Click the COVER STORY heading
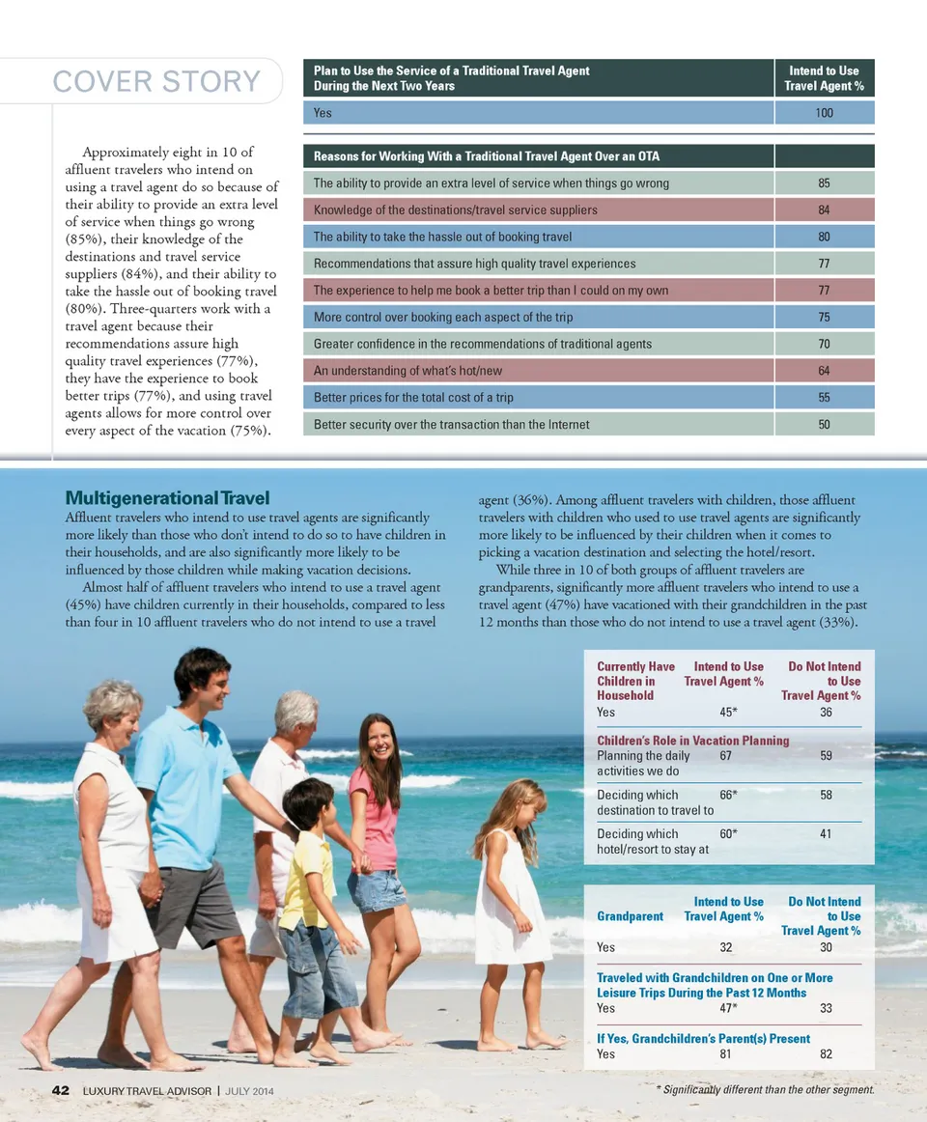tap(156, 82)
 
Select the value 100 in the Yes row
tap(823, 113)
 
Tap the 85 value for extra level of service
tap(823, 182)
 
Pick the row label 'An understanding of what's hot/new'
tap(408, 371)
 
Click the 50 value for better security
tap(823, 424)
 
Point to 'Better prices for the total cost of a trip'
tap(413, 398)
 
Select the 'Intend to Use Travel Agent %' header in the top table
tap(824, 78)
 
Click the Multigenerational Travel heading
tap(167, 498)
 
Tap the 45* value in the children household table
tap(729, 713)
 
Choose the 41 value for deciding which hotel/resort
tap(826, 834)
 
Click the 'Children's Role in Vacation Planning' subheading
tap(693, 741)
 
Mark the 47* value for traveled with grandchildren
tap(729, 1008)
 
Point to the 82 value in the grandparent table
tap(826, 1054)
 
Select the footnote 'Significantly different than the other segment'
tap(765, 1090)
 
